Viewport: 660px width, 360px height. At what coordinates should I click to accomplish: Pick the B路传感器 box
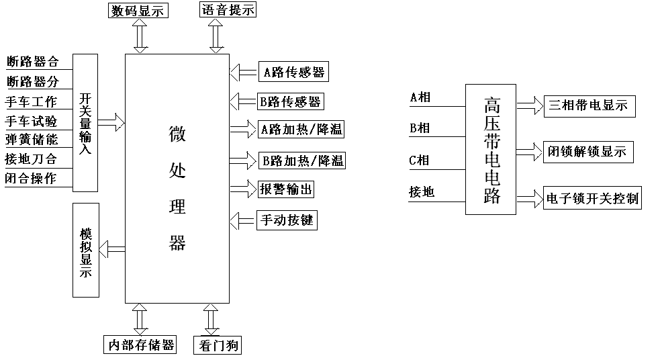click(291, 101)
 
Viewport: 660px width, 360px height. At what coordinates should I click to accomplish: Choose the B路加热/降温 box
click(303, 161)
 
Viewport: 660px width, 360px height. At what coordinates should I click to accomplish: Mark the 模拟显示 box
click(85, 250)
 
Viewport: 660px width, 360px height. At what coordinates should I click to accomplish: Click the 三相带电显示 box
click(588, 105)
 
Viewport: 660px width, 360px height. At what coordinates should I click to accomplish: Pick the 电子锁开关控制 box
click(592, 199)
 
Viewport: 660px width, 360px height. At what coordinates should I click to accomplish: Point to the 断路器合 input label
click(32, 62)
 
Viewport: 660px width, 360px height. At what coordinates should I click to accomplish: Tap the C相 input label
click(420, 161)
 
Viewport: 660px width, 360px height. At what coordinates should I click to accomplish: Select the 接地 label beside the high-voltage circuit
click(422, 192)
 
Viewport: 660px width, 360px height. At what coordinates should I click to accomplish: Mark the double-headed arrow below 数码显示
click(140, 36)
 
